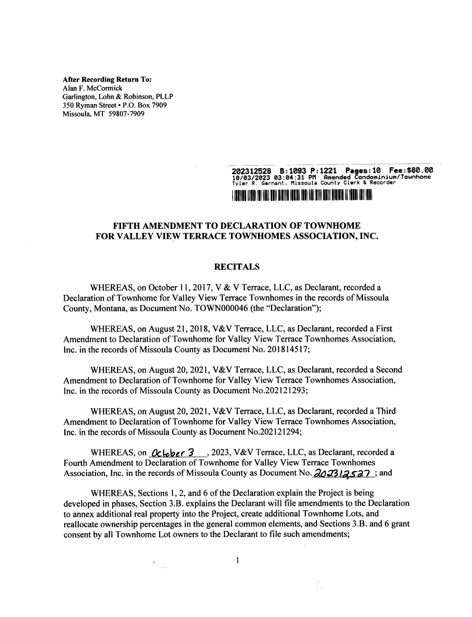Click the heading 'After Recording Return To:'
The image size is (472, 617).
click(107, 80)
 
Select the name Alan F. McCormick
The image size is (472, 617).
click(93, 88)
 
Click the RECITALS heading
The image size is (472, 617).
click(237, 267)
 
